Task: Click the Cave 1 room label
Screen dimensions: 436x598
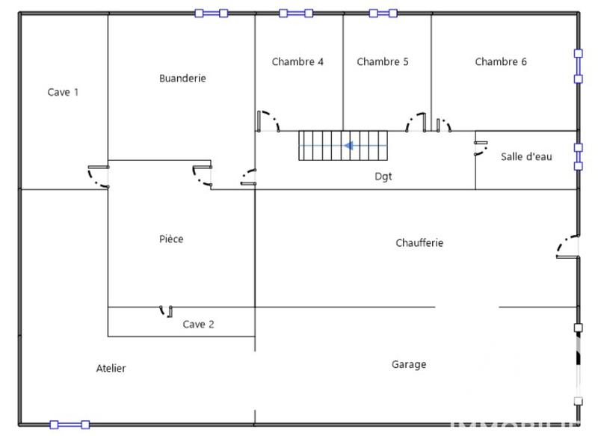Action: pos(63,92)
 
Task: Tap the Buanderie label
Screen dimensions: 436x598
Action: pos(182,78)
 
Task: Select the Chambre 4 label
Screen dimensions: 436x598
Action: pos(298,62)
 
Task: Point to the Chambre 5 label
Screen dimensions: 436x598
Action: pos(383,62)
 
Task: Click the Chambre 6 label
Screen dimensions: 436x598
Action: pos(501,62)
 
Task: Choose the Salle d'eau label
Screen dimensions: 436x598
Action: pos(526,157)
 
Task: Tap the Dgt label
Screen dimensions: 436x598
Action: pos(383,177)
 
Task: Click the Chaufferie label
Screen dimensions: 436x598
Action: pos(419,243)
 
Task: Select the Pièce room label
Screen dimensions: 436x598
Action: pos(171,239)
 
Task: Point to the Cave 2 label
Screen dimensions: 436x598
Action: pos(199,325)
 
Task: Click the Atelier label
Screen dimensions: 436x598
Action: pos(111,369)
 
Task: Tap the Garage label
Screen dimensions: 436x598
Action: pos(409,364)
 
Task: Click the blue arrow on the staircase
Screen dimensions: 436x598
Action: pos(349,146)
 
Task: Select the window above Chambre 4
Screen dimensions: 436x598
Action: pos(296,13)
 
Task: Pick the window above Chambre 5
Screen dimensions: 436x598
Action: pos(383,13)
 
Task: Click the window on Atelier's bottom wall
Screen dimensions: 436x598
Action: pos(70,424)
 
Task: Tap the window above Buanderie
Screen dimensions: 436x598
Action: pos(211,13)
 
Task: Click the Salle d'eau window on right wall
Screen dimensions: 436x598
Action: pos(577,157)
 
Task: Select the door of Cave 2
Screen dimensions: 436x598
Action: pos(166,310)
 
